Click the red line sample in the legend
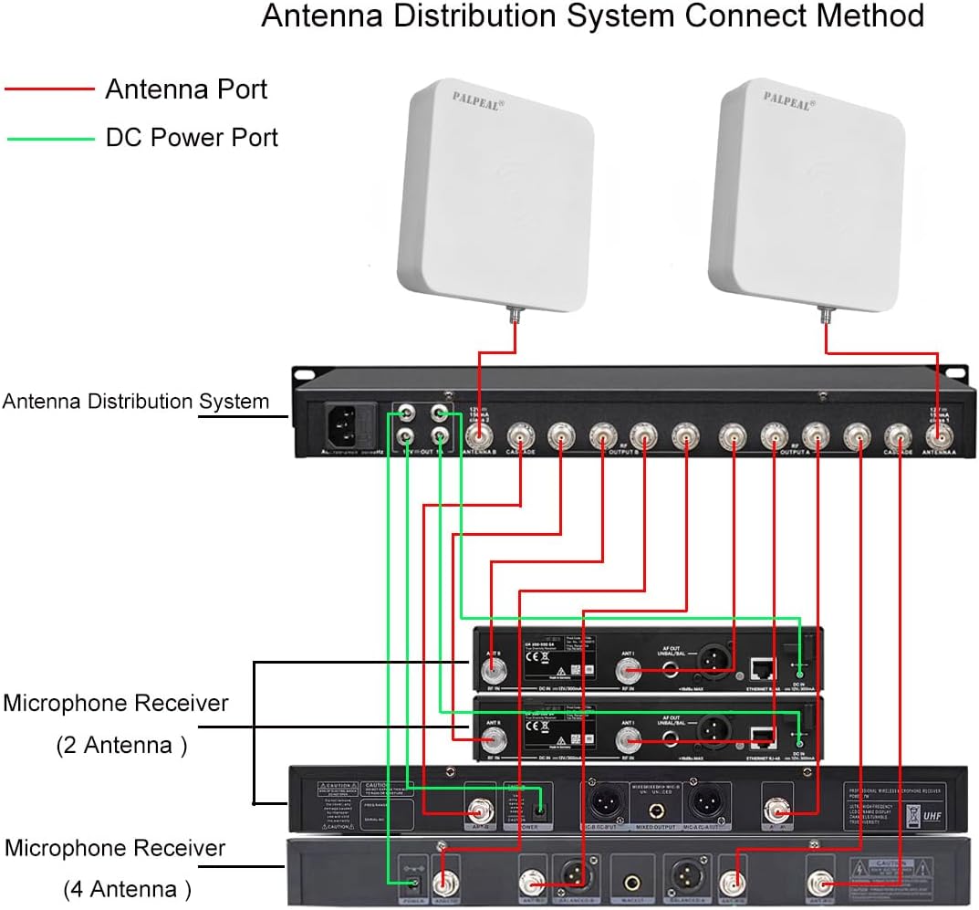[x=49, y=89]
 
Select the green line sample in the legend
[x=49, y=139]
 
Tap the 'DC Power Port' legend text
[x=192, y=138]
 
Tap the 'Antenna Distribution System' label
[x=136, y=401]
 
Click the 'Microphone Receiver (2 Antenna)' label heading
[x=115, y=704]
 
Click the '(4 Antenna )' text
[x=127, y=887]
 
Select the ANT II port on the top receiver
[x=494, y=671]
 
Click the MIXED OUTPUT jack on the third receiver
[x=647, y=804]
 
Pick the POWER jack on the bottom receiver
[x=411, y=882]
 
